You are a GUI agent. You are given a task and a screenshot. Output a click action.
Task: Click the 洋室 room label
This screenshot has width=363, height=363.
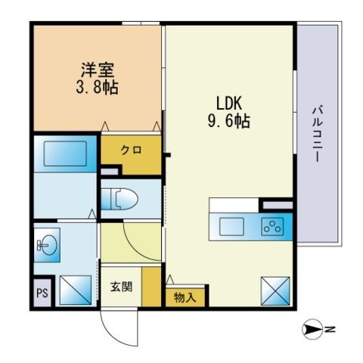(98, 70)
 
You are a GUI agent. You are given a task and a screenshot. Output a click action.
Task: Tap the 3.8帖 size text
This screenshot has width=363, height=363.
(98, 87)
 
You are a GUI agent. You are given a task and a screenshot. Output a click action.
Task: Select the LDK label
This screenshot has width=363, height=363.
(229, 103)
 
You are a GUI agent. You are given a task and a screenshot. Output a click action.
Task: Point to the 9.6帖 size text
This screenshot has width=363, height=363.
(229, 121)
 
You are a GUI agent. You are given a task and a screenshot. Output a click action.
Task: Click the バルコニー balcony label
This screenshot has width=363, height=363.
(318, 134)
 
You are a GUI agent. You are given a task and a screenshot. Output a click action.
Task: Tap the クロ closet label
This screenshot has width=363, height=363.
(131, 150)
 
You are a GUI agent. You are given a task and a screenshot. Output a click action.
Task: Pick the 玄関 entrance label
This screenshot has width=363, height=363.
(121, 287)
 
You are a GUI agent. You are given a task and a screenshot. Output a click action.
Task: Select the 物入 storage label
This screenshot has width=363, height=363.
(185, 298)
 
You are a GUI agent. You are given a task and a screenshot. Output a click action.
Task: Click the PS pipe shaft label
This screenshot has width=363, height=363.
(42, 293)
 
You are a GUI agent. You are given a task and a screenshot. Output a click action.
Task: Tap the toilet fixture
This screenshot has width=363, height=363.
(119, 199)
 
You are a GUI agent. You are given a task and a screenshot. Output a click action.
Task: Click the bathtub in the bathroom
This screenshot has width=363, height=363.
(65, 154)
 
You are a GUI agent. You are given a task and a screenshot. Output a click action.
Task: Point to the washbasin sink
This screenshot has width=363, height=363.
(48, 245)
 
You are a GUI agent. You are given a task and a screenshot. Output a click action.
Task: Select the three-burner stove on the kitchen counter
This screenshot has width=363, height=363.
(272, 226)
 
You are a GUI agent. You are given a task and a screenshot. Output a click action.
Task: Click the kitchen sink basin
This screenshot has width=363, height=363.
(231, 226)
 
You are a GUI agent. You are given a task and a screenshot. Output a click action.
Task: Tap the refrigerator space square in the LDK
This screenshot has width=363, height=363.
(275, 291)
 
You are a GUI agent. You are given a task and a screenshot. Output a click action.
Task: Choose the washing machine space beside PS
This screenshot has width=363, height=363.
(76, 290)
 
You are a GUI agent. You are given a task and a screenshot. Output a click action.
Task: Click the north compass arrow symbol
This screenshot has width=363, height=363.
(312, 329)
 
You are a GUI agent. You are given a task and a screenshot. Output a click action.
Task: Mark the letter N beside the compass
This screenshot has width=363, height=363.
(330, 329)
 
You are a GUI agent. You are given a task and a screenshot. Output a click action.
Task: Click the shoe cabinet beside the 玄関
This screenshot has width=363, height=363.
(151, 287)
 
